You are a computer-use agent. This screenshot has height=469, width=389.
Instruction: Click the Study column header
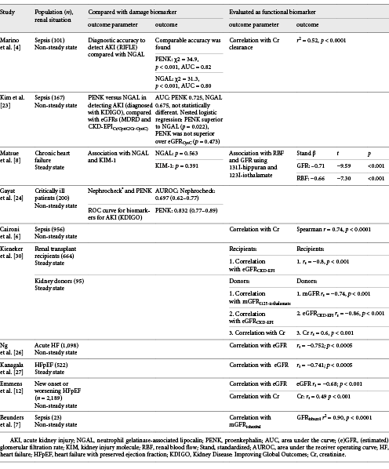9,13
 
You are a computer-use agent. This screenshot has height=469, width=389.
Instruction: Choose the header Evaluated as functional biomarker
271,13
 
